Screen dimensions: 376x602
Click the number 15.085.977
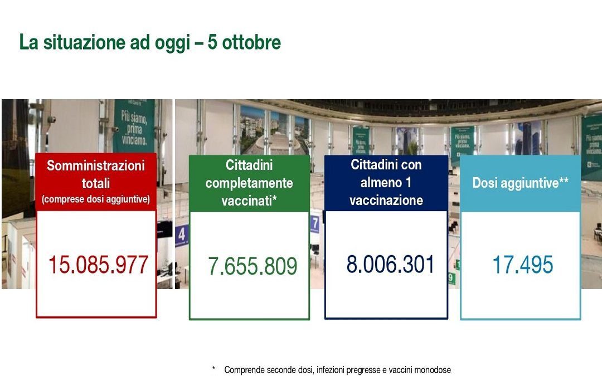[x=98, y=265]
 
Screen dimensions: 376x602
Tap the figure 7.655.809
[x=253, y=266]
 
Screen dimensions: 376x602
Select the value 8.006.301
[x=390, y=263]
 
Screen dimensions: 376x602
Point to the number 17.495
[x=522, y=265]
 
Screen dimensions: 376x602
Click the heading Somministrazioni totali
[x=96, y=174]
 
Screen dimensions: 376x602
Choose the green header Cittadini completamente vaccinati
[x=249, y=183]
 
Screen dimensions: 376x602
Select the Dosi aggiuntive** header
[x=521, y=183]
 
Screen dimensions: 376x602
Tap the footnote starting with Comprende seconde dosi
[x=337, y=370]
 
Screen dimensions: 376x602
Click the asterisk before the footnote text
[x=213, y=369]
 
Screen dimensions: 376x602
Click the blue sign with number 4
[x=181, y=235]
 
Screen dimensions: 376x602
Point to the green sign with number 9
[x=451, y=277]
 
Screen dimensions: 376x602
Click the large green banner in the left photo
[x=134, y=125]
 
